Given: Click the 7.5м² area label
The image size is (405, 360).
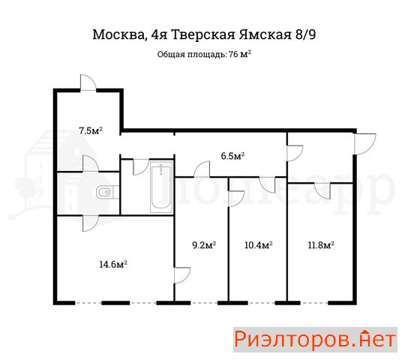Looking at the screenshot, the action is (x=91, y=130).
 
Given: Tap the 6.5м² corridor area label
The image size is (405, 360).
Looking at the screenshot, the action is (x=232, y=156).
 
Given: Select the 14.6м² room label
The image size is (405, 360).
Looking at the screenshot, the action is (x=113, y=264).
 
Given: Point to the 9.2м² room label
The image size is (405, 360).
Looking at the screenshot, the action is (x=204, y=244).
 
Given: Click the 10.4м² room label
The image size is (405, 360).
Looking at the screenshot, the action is (x=258, y=244).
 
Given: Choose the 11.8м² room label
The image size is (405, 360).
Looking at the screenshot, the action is (x=321, y=244).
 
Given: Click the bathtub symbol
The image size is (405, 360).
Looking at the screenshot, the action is (x=161, y=187).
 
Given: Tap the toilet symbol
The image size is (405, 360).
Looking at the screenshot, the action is (x=108, y=192).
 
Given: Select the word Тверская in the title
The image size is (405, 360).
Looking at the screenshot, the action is (x=203, y=34).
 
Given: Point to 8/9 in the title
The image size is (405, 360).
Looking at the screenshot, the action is (x=305, y=34).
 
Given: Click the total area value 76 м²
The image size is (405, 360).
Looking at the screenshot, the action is (x=240, y=55).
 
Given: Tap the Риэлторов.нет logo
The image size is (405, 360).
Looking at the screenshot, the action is (x=315, y=340).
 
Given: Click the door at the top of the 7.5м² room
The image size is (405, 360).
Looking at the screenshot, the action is (x=88, y=82).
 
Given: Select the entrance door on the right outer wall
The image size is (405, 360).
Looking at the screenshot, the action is (x=364, y=144).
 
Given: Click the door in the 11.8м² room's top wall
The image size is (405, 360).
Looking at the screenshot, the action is (x=322, y=190).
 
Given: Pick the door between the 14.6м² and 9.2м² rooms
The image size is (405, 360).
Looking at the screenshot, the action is (x=182, y=275).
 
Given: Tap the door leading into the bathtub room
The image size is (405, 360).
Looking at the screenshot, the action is (x=141, y=167).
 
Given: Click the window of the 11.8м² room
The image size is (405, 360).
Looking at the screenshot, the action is (x=314, y=303).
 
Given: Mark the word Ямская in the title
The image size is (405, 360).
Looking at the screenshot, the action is (x=265, y=34).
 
